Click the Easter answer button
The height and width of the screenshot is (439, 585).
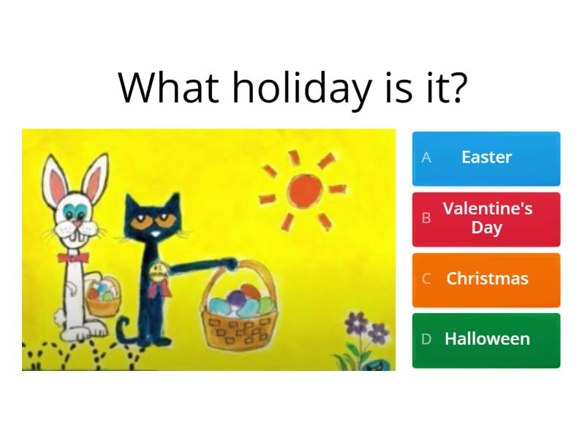[486, 158]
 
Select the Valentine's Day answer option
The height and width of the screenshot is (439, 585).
[486, 219]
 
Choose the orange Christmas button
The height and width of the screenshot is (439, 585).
[486, 280]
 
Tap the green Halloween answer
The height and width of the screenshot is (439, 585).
[486, 340]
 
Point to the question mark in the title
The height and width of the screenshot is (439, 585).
[458, 87]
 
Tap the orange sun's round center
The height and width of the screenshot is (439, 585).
[304, 190]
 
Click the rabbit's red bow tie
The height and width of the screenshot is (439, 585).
[73, 258]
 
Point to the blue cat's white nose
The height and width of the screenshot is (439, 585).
[155, 233]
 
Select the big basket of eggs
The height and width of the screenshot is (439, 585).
[240, 305]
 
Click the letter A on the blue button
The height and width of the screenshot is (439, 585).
[426, 157]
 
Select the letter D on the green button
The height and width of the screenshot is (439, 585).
[426, 339]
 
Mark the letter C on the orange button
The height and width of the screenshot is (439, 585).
[426, 279]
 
